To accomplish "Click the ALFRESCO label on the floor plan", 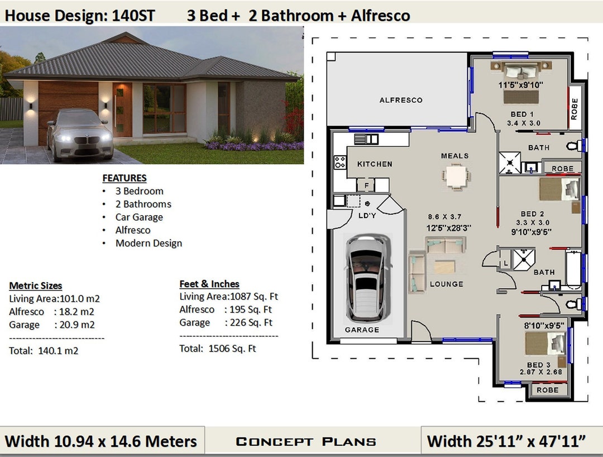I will coord(401,101).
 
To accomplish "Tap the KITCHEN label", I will coord(375,164).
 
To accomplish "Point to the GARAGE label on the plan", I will coord(362,330).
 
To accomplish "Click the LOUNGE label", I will coord(446,284).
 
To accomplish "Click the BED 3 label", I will coord(538,365).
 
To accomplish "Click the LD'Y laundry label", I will coord(366,215).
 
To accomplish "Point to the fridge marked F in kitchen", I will coord(366,185).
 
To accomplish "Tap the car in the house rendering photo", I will coord(79,134).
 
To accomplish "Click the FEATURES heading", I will coord(125,178).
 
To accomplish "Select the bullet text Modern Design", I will coord(149,243).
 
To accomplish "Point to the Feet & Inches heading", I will coord(209,284).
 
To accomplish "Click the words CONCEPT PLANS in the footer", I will coord(306,442).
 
